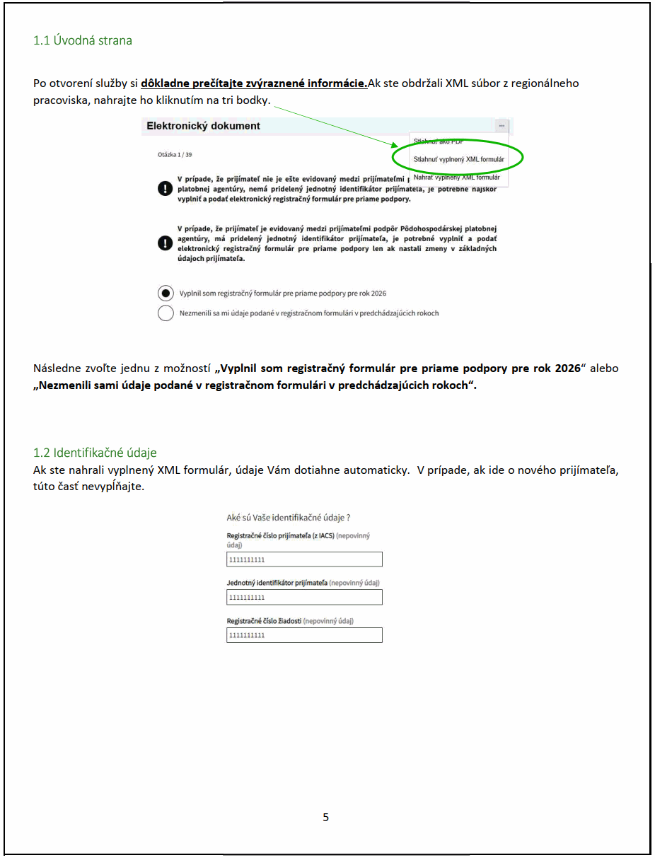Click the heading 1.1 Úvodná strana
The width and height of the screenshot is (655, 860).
pyautogui.click(x=83, y=40)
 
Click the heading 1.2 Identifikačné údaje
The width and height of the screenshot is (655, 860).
pyautogui.click(x=95, y=453)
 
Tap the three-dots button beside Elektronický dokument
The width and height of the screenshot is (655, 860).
pyautogui.click(x=502, y=125)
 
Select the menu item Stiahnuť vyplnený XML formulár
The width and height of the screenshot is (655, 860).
pyautogui.click(x=459, y=160)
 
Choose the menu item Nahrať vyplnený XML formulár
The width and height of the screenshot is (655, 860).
pyautogui.click(x=456, y=178)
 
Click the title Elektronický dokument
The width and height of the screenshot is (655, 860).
pyautogui.click(x=204, y=126)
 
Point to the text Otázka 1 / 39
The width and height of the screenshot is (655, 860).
pyautogui.click(x=174, y=153)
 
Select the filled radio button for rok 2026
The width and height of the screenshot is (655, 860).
pyautogui.click(x=166, y=293)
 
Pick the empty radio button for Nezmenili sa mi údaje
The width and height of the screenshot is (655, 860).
pyautogui.click(x=166, y=313)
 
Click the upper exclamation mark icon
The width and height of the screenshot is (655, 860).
pyautogui.click(x=165, y=189)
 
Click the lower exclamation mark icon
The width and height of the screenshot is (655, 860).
pyautogui.click(x=165, y=243)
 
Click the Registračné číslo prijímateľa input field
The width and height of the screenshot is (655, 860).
pyautogui.click(x=304, y=560)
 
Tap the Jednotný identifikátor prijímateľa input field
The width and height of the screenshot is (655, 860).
pyautogui.click(x=304, y=598)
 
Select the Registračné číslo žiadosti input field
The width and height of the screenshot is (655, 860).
pyautogui.click(x=304, y=635)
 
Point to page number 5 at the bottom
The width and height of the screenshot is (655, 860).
pyautogui.click(x=326, y=818)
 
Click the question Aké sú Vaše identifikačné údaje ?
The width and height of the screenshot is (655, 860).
pyautogui.click(x=289, y=518)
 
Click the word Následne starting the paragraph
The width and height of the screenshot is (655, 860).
pyautogui.click(x=57, y=368)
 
